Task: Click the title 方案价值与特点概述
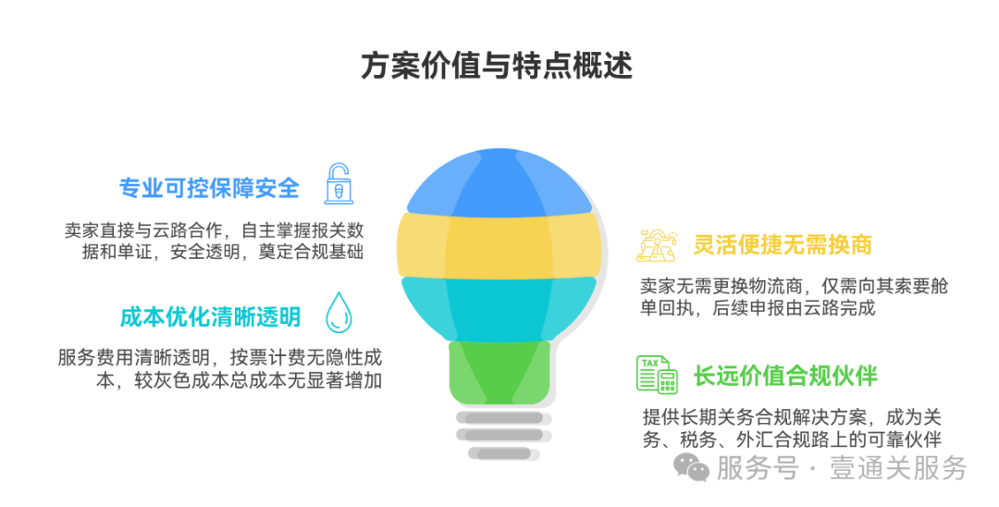498,67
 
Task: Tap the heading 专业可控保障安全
209,188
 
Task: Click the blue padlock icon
339,184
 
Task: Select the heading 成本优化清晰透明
209,316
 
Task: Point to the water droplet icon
339,313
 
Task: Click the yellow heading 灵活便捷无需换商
783,245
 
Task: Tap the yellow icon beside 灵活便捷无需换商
658,244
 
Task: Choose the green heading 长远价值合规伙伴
785,375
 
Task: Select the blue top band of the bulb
499,180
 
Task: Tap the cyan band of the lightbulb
499,308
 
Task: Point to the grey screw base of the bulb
499,433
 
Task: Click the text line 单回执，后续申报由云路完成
758,309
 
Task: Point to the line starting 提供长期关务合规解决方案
792,417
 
